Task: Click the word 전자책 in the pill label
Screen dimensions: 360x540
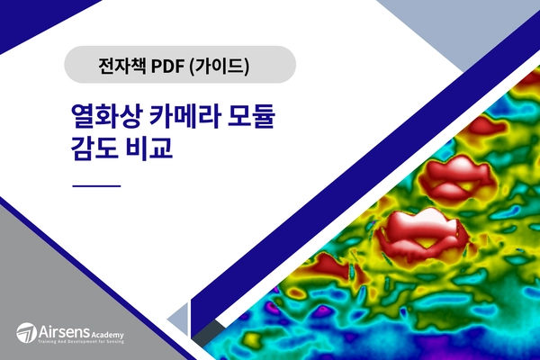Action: coord(121,65)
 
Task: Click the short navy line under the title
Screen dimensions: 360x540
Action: coord(94,185)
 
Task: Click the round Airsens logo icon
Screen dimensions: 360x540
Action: coord(27,332)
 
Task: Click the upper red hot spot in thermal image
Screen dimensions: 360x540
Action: coord(456,175)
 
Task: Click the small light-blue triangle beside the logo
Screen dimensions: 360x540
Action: coord(179,319)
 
